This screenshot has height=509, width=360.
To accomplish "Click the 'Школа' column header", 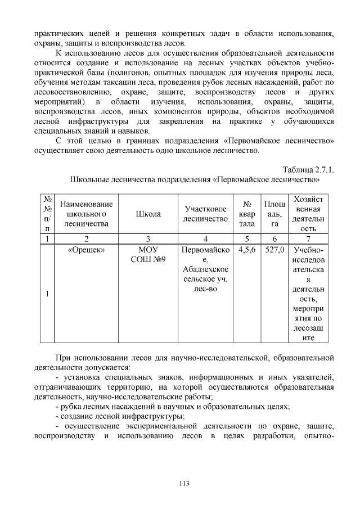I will coord(148,214).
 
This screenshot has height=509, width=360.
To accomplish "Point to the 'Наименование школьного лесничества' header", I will coord(86,214).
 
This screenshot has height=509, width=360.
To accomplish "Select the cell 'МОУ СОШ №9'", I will coord(148,254).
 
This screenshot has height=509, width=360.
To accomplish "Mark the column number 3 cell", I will coord(148,239).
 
